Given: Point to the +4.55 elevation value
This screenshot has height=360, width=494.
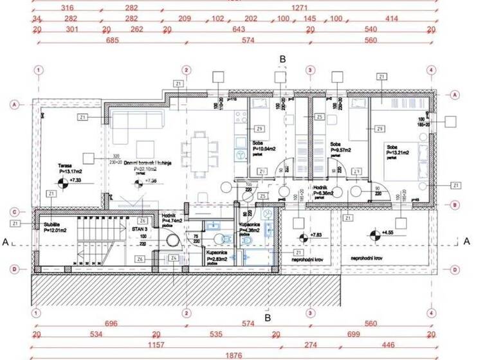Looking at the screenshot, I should point(387,233).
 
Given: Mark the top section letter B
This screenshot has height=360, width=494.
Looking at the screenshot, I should point(282,59).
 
